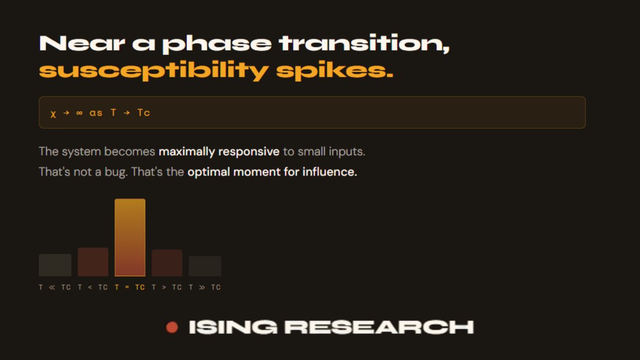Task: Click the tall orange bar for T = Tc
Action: point(130,237)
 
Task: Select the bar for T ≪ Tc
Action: point(55,265)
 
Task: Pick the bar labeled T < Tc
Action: point(93,262)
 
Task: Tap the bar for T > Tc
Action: point(167,263)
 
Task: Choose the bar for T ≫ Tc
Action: point(205,266)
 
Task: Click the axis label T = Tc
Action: point(130,287)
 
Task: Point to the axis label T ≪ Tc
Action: point(55,287)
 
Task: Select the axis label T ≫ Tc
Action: point(205,287)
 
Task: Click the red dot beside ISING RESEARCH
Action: point(172,327)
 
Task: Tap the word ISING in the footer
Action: point(233,327)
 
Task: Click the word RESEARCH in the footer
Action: point(379,327)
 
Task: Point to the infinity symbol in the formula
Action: point(79,113)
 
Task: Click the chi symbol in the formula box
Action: point(53,113)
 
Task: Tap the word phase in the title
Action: point(217,44)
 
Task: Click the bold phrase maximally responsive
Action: point(219,151)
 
